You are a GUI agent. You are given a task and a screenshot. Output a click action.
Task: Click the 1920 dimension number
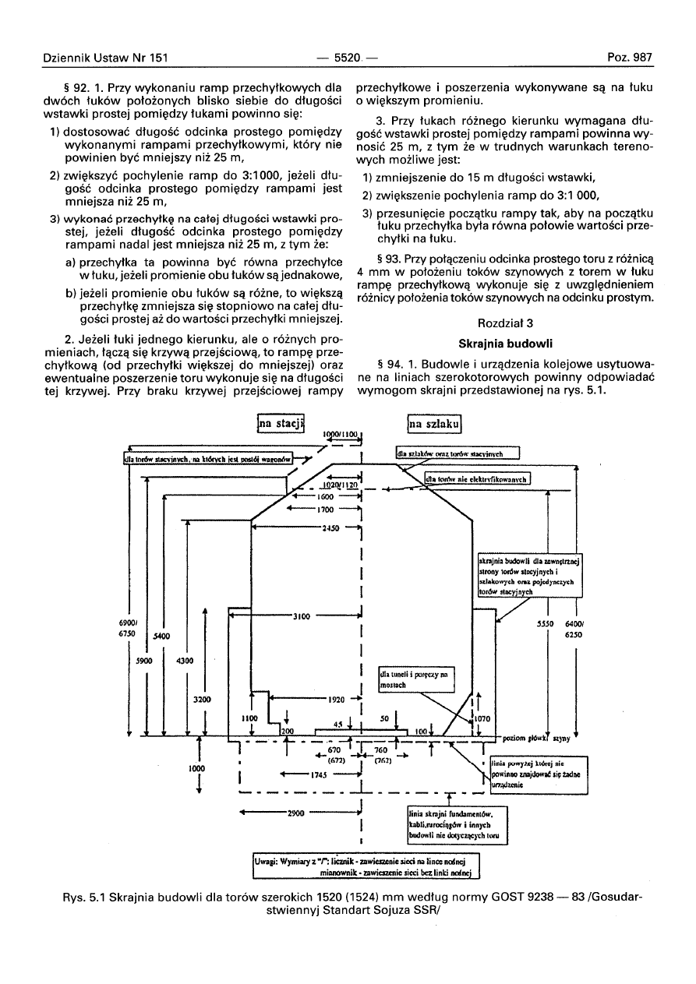pyautogui.click(x=335, y=699)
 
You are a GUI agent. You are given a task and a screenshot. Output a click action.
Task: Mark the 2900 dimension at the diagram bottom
pyautogui.click(x=295, y=813)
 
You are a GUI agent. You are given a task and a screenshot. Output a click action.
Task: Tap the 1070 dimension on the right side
pyautogui.click(x=484, y=718)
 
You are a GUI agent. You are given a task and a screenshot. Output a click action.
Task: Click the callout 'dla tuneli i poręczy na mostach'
pyautogui.click(x=416, y=679)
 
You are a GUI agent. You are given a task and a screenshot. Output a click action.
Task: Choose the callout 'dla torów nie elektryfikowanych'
pyautogui.click(x=477, y=479)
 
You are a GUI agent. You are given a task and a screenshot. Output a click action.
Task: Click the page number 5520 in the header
pyautogui.click(x=347, y=57)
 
